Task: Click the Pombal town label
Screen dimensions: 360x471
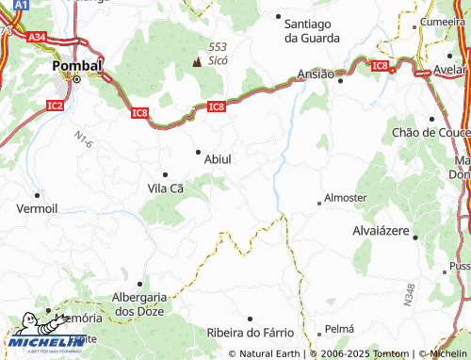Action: point(76,66)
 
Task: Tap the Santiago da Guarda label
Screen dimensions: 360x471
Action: point(312,31)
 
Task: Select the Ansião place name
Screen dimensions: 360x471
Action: point(316,74)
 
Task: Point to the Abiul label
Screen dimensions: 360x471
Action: point(218,159)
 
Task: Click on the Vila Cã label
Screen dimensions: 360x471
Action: point(165,188)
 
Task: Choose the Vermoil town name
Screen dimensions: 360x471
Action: point(37,207)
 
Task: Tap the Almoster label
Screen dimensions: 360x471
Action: point(345,198)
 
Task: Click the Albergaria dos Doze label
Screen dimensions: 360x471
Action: point(138,303)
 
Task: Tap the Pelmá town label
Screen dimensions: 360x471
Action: point(338,329)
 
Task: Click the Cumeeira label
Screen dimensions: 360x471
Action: point(443,22)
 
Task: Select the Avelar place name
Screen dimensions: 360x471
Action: point(451,72)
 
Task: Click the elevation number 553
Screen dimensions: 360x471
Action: point(218,45)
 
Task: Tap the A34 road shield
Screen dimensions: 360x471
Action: point(37,37)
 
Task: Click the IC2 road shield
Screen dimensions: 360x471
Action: point(54,105)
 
